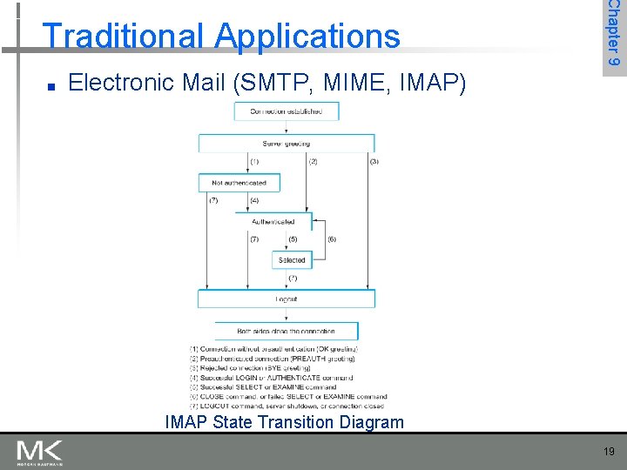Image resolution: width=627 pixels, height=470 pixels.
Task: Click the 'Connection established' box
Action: [x=286, y=111]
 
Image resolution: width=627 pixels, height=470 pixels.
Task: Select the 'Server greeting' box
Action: [x=287, y=144]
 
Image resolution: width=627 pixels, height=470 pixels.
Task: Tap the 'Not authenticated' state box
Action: [x=239, y=183]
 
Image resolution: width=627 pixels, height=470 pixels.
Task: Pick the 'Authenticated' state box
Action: [x=273, y=222]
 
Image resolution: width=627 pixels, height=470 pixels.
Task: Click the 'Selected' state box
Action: [x=292, y=259]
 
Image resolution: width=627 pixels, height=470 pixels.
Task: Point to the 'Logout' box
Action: [x=287, y=299]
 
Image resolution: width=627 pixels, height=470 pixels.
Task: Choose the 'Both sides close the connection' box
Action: [x=287, y=332]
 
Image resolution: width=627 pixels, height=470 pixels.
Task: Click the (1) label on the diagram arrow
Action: [x=254, y=162]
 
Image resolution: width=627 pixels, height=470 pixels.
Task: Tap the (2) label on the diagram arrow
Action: [x=313, y=162]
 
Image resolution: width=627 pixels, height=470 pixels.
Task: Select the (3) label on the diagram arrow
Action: [x=374, y=162]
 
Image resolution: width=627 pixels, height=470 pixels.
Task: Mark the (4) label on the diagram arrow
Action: [x=254, y=201]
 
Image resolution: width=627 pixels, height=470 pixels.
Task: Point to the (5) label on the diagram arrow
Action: [x=293, y=239]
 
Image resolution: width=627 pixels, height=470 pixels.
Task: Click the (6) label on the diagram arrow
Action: [x=332, y=239]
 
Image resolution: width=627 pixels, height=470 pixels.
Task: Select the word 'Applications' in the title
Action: [x=307, y=37]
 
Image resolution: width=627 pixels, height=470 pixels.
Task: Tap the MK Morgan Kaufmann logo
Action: [x=39, y=452]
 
